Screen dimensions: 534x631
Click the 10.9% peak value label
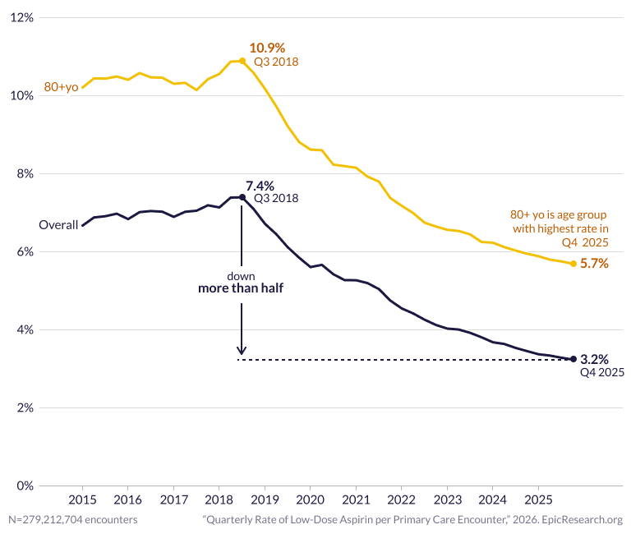click(x=266, y=48)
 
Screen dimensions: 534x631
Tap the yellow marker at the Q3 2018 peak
click(x=242, y=61)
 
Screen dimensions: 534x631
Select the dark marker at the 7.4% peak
click(x=242, y=197)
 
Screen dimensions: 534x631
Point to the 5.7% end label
click(x=594, y=264)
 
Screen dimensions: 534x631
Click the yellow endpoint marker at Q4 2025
click(x=573, y=264)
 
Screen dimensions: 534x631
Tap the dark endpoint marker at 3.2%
click(x=573, y=359)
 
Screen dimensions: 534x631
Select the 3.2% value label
click(x=594, y=359)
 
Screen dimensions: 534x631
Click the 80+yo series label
click(x=61, y=87)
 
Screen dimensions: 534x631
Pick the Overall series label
click(x=58, y=225)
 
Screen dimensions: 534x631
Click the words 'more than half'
click(x=241, y=289)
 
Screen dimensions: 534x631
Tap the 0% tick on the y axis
click(x=24, y=486)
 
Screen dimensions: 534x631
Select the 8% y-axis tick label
click(x=24, y=173)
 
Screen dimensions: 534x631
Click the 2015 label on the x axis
click(x=81, y=499)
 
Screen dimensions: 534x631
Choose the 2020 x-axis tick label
click(x=310, y=499)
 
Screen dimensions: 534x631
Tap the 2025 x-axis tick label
click(x=538, y=499)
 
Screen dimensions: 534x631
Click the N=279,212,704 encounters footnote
click(x=73, y=520)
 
